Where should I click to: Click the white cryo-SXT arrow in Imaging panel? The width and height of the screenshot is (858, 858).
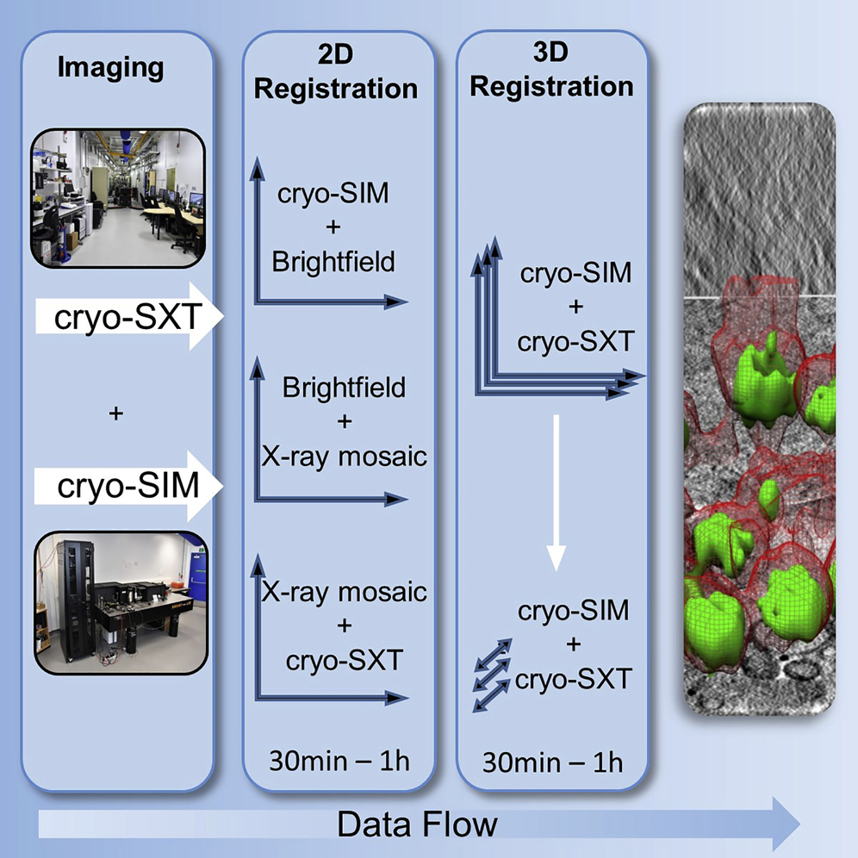[129, 319]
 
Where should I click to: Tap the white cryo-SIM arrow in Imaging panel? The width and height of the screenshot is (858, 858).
[129, 487]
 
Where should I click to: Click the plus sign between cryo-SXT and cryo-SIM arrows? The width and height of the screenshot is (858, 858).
[117, 414]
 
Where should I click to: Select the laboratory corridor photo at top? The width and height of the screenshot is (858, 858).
[118, 197]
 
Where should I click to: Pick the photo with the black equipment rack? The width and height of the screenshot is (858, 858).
[121, 601]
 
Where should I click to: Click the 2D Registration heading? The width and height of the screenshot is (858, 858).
[337, 74]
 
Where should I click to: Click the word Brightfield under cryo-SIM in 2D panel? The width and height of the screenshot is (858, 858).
[333, 262]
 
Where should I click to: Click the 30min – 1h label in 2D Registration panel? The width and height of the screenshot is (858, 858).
[339, 762]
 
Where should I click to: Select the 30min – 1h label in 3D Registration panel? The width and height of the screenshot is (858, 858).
[552, 762]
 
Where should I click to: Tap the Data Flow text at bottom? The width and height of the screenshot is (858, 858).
[417, 824]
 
